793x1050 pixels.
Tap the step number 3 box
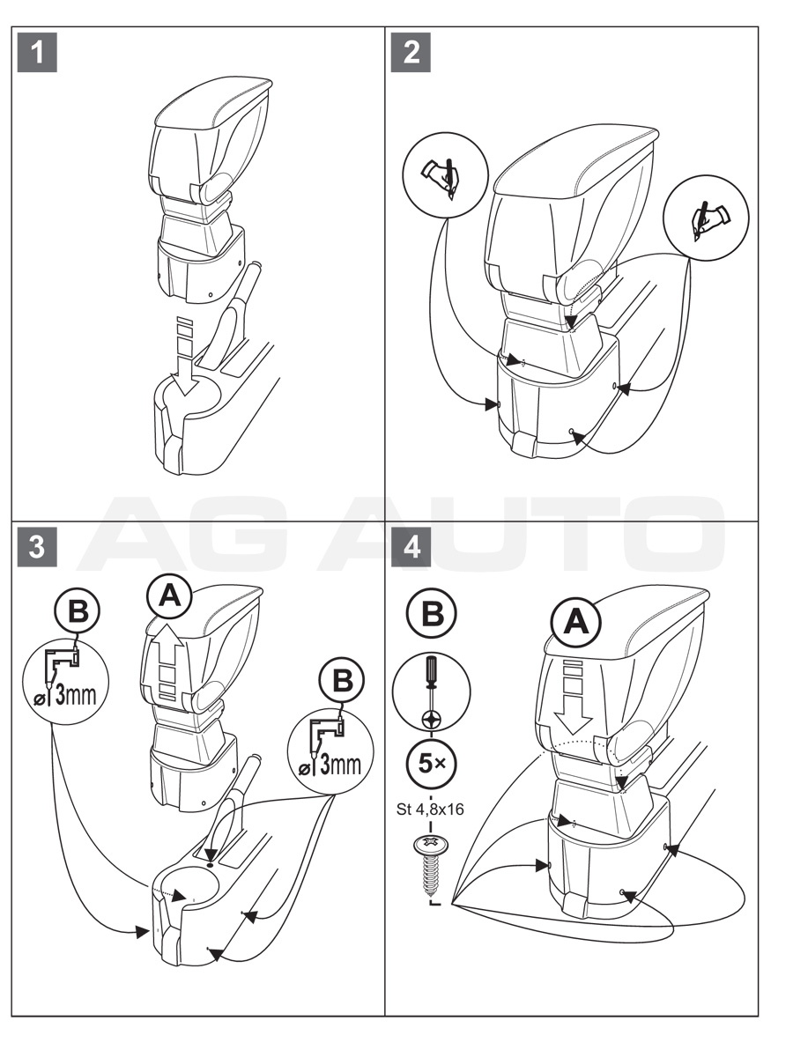pos(36,546)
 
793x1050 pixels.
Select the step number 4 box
pos(411,546)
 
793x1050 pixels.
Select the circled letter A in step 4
pos(575,623)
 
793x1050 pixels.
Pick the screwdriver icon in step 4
pos(432,691)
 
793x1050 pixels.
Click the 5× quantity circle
pos(432,763)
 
